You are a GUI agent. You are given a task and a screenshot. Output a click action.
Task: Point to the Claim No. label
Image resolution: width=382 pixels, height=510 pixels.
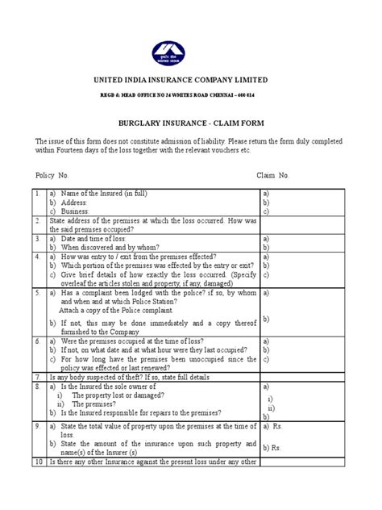pos(272,174)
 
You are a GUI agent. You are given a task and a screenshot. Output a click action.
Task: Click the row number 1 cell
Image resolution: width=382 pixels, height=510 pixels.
pos(38,194)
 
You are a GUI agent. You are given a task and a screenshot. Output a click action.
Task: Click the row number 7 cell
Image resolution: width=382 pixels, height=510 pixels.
pos(38,377)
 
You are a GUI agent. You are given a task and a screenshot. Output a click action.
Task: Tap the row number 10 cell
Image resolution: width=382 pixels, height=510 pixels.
pos(39,461)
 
